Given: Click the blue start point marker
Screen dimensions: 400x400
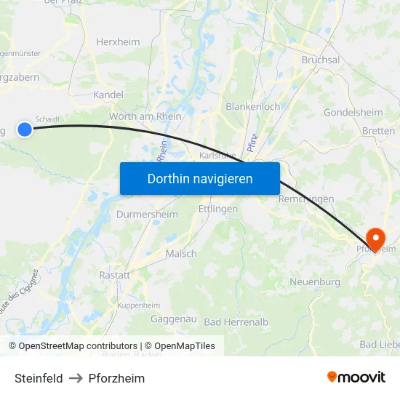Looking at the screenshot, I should (x=25, y=129).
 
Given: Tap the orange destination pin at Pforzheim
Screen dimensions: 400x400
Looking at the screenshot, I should (x=376, y=238).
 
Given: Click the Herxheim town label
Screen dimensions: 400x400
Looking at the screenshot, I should (x=118, y=42).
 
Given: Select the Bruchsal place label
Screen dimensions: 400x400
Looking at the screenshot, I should (x=320, y=60).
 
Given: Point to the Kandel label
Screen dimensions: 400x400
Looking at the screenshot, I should (x=108, y=95).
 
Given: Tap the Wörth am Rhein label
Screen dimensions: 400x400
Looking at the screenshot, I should (x=145, y=116).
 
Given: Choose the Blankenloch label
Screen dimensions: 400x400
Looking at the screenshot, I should (x=253, y=106).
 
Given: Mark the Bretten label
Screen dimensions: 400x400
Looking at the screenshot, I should (x=378, y=131).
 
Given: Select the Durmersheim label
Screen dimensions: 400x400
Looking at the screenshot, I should (x=147, y=215).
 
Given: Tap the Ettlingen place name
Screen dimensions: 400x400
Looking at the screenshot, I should (x=218, y=209).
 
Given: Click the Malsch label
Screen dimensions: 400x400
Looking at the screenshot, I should (x=181, y=253).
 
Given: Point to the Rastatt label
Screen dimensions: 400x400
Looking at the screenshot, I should (x=115, y=276).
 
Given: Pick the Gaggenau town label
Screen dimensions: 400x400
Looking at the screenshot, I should (x=173, y=319).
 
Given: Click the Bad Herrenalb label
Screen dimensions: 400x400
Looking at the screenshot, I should (x=236, y=321).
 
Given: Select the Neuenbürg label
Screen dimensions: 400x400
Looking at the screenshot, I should (x=315, y=281).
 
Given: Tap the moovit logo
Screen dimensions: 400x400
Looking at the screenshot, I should (x=356, y=377).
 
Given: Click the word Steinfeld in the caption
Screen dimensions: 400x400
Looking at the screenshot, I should (x=39, y=378).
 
